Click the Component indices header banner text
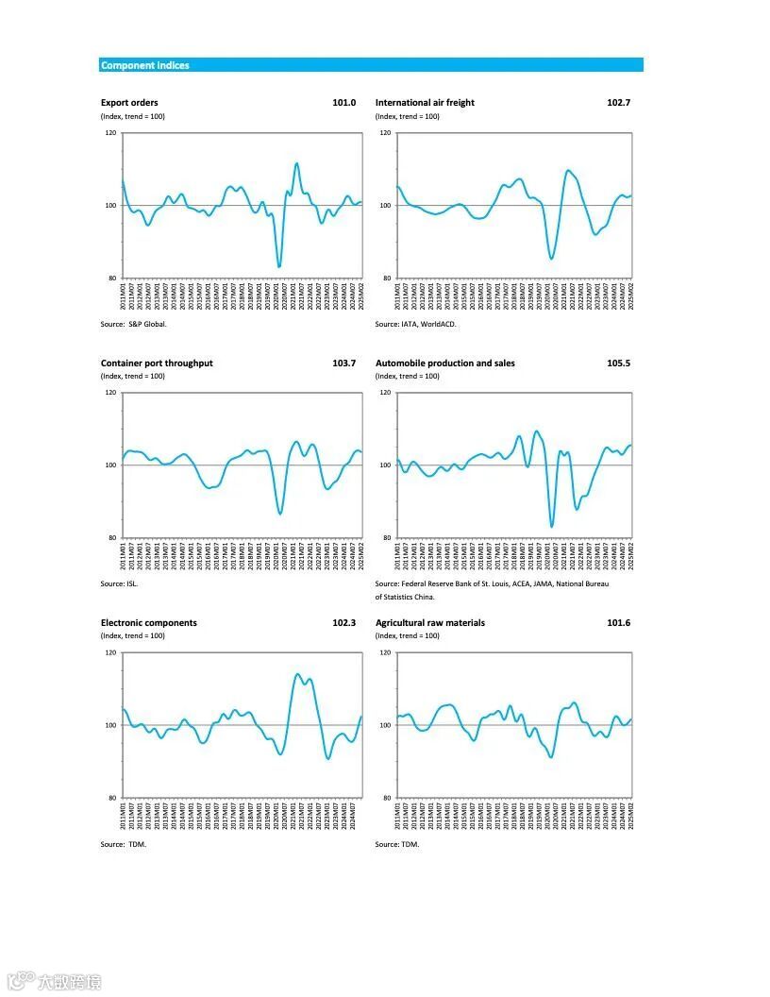144,65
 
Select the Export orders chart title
129,102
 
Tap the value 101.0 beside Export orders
344,102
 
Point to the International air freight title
425,102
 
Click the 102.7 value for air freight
618,102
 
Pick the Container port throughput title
157,363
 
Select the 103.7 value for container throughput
344,363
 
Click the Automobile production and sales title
445,363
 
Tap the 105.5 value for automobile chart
618,363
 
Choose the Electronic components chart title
149,623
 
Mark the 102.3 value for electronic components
344,623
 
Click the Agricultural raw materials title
430,623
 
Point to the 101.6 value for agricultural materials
618,623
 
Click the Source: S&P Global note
134,324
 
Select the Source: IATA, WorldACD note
415,324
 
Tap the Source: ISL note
120,584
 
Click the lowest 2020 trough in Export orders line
278,266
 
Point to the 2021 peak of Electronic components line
297,674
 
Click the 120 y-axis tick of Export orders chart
110,133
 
